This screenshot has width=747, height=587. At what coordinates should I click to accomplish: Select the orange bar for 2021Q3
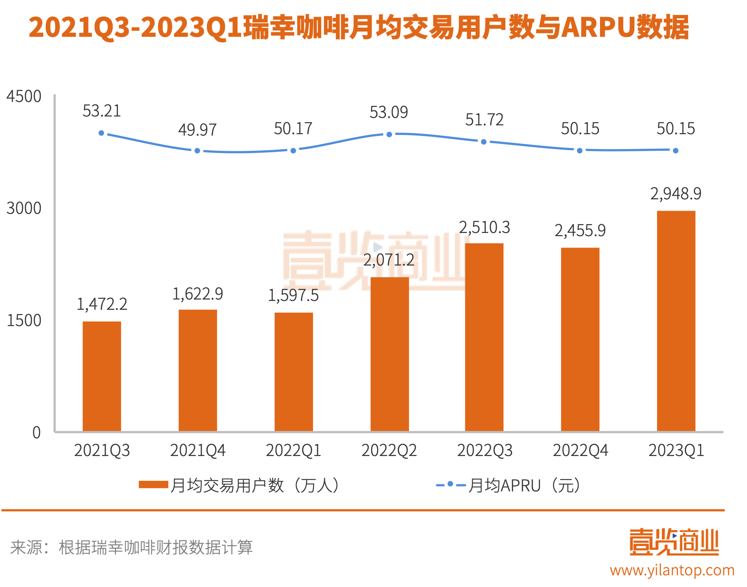[x=102, y=376]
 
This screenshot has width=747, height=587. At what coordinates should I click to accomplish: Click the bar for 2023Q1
[x=676, y=321]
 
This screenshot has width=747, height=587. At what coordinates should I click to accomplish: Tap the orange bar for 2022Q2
[x=389, y=354]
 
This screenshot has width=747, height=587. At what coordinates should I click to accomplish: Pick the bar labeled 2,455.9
[x=580, y=339]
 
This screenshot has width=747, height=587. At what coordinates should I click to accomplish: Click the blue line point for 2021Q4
[x=197, y=151]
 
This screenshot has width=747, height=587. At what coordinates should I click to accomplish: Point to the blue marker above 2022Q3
[x=484, y=142]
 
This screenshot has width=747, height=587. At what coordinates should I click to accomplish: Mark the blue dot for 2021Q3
[x=101, y=133]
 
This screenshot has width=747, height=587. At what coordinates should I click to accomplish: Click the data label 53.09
[x=389, y=113]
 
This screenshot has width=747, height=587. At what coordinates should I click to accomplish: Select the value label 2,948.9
[x=676, y=194]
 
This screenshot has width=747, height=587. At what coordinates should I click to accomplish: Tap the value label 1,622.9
[x=197, y=294]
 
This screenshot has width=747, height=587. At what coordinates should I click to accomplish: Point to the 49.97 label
[x=197, y=130]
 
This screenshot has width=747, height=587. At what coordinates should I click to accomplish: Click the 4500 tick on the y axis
[x=24, y=96]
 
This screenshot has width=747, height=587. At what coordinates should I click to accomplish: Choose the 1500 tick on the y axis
[x=24, y=320]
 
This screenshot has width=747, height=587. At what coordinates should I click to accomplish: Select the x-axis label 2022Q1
[x=293, y=450]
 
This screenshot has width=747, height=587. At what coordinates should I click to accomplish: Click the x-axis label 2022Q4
[x=580, y=450]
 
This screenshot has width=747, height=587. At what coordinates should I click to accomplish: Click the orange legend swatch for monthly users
[x=153, y=485]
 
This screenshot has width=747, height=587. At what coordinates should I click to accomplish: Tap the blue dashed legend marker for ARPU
[x=450, y=484]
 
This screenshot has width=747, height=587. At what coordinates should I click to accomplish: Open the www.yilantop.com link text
[x=672, y=571]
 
